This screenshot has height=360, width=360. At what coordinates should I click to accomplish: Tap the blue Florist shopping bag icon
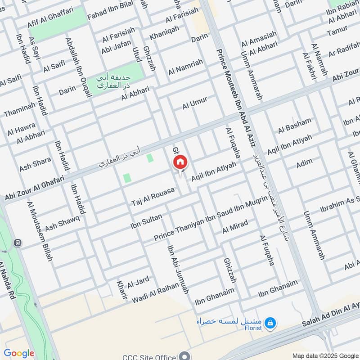(x=270, y=322)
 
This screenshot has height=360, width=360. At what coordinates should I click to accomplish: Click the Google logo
(x=19, y=353)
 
